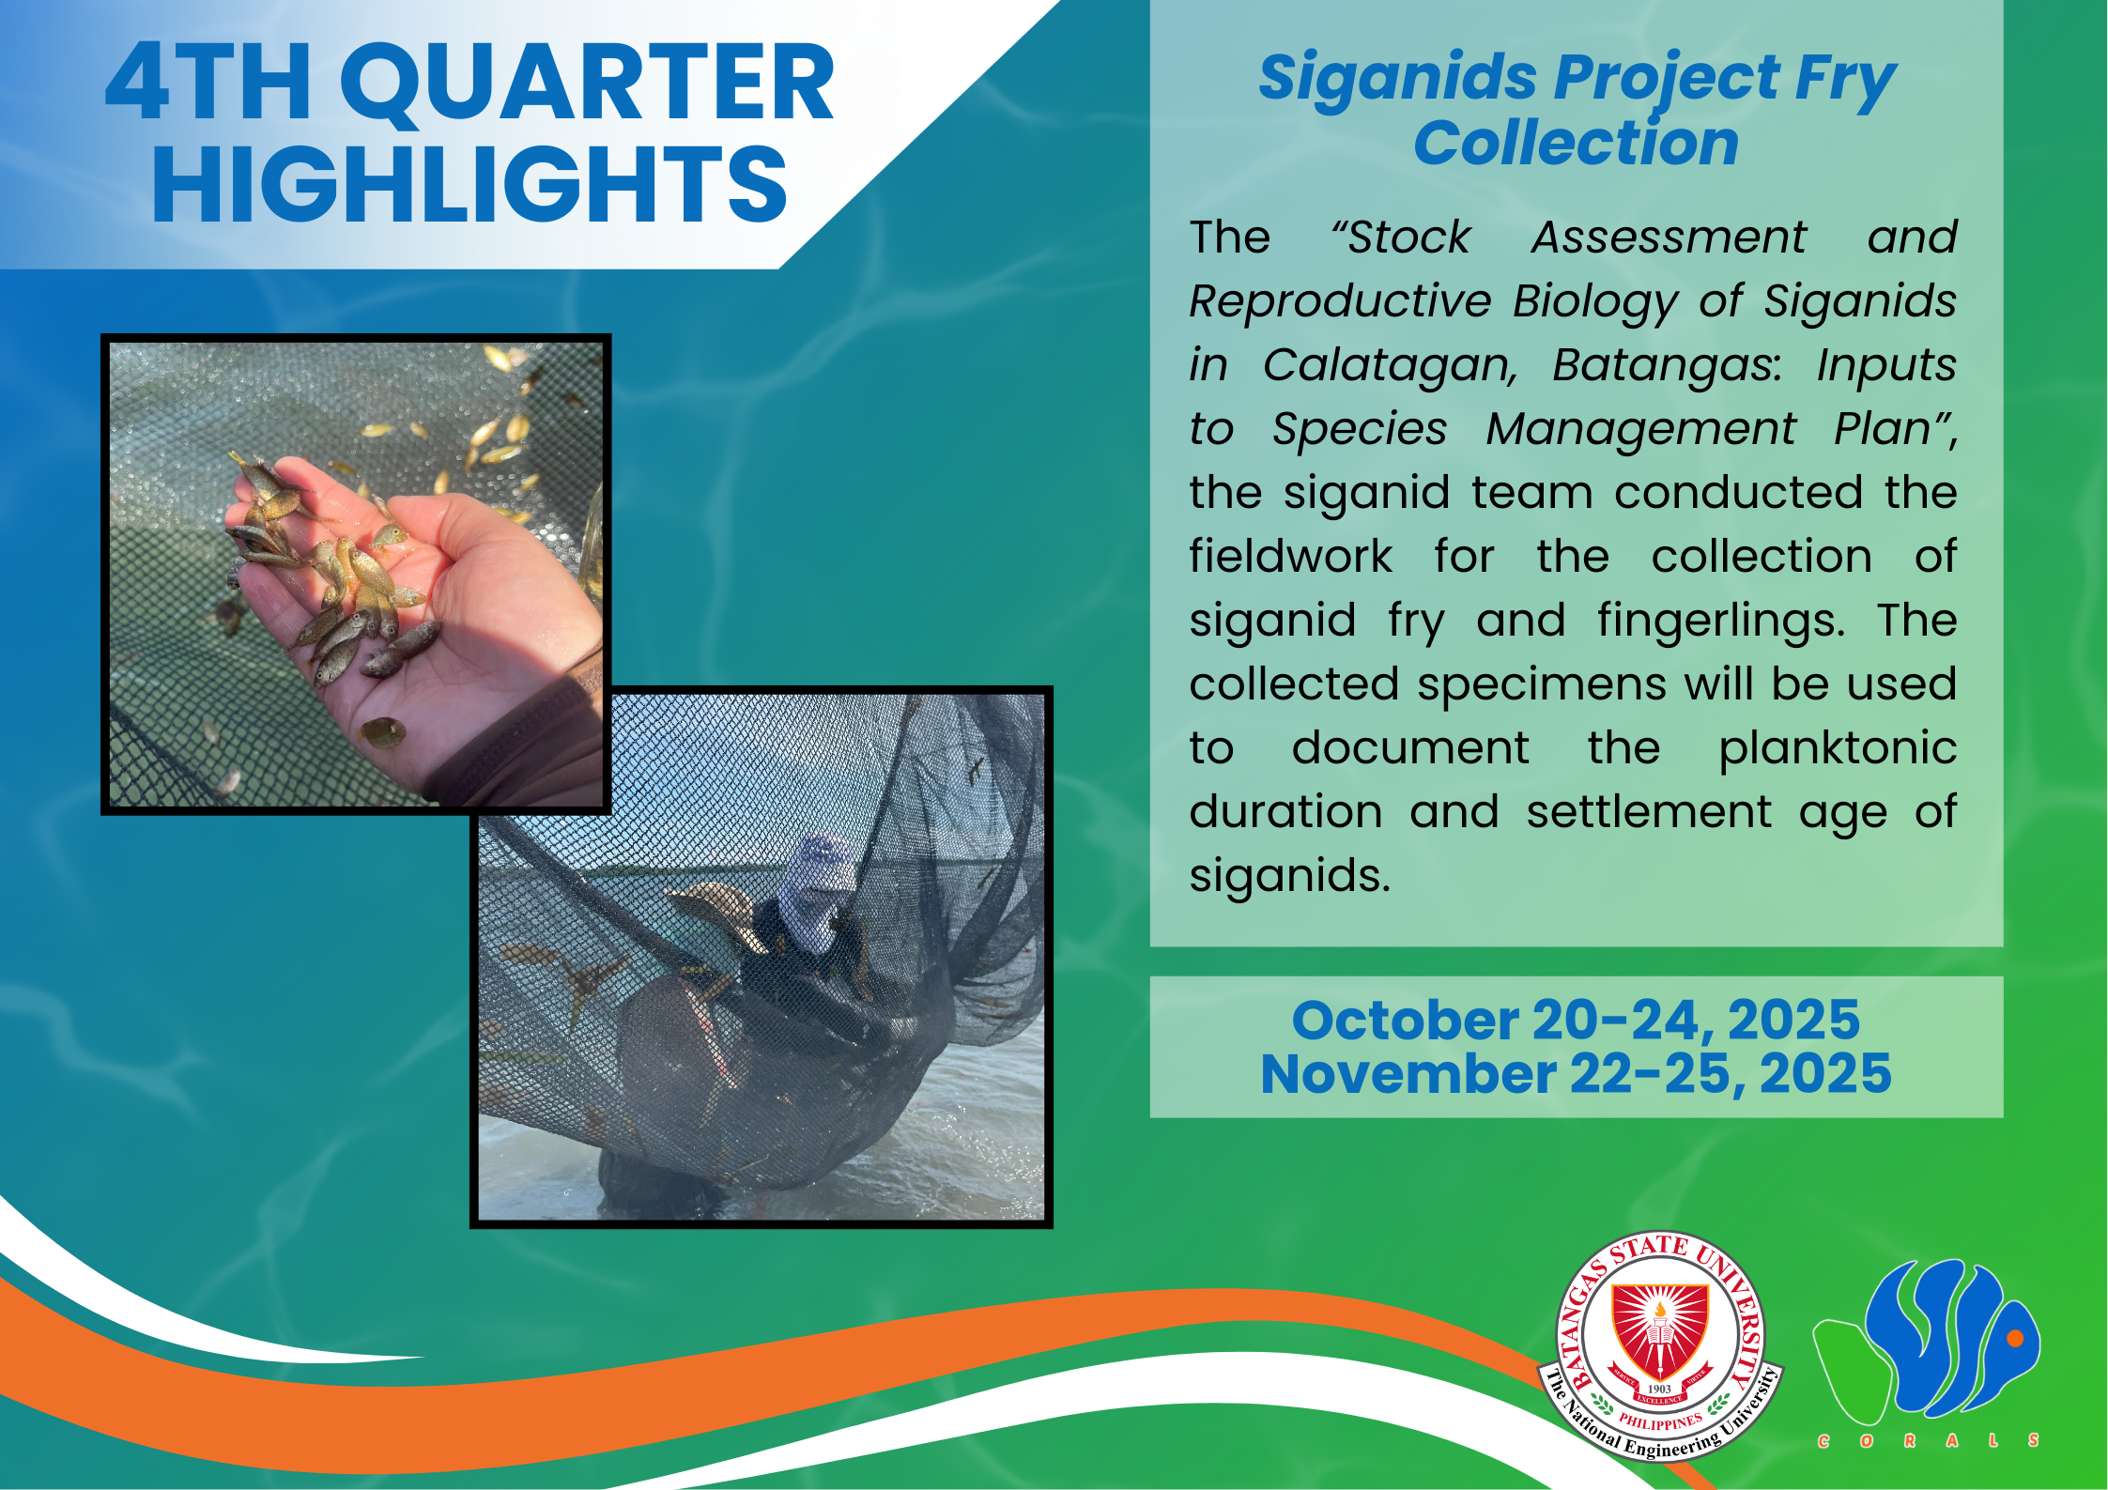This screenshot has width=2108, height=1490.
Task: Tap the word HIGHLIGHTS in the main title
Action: click(x=469, y=185)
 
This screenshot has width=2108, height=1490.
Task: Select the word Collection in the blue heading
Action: click(x=1577, y=144)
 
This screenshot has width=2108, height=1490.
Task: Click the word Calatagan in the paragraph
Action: click(x=1391, y=366)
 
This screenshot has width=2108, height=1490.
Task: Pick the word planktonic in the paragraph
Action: click(x=1838, y=749)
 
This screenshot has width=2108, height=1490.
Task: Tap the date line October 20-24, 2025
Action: click(x=1576, y=1020)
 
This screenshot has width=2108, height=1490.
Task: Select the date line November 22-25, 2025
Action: click(x=1576, y=1074)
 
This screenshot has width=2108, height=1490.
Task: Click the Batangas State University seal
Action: click(x=1660, y=1345)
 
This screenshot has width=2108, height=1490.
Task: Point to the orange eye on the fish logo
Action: click(x=2014, y=1339)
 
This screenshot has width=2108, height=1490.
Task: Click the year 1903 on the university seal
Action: click(x=1659, y=1389)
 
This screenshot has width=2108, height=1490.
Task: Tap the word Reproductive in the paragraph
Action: click(x=1340, y=302)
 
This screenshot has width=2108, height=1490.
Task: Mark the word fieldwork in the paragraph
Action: click(x=1291, y=557)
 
